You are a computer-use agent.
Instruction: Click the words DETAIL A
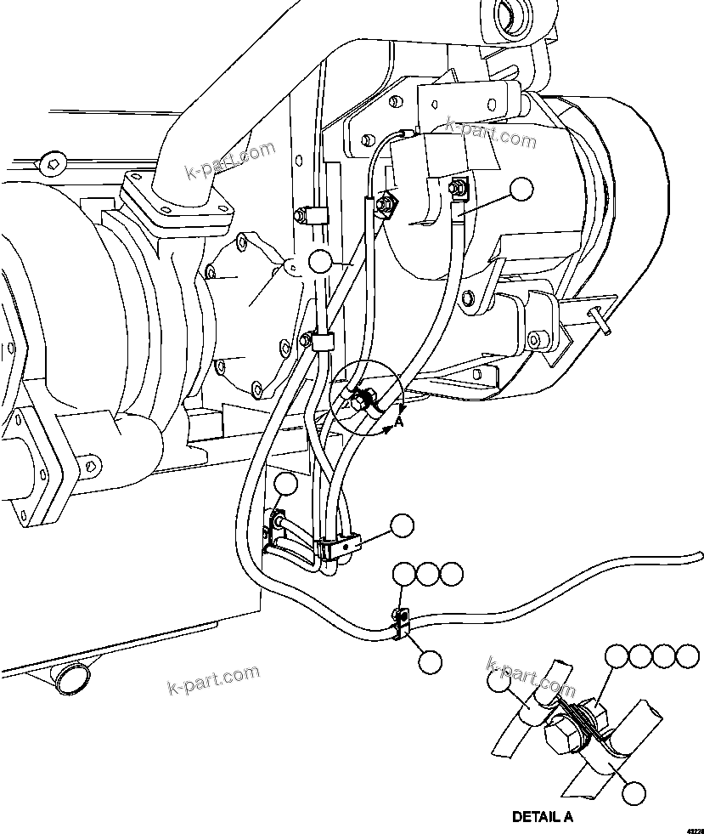pyautogui.click(x=543, y=817)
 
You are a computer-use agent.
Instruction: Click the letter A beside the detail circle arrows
pyautogui.click(x=399, y=418)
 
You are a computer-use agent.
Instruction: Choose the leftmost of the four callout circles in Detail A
pyautogui.click(x=617, y=656)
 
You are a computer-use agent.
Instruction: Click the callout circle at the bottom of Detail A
pyautogui.click(x=631, y=793)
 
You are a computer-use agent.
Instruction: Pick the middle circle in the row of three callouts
pyautogui.click(x=429, y=574)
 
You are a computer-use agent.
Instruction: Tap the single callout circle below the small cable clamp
pyautogui.click(x=431, y=661)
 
